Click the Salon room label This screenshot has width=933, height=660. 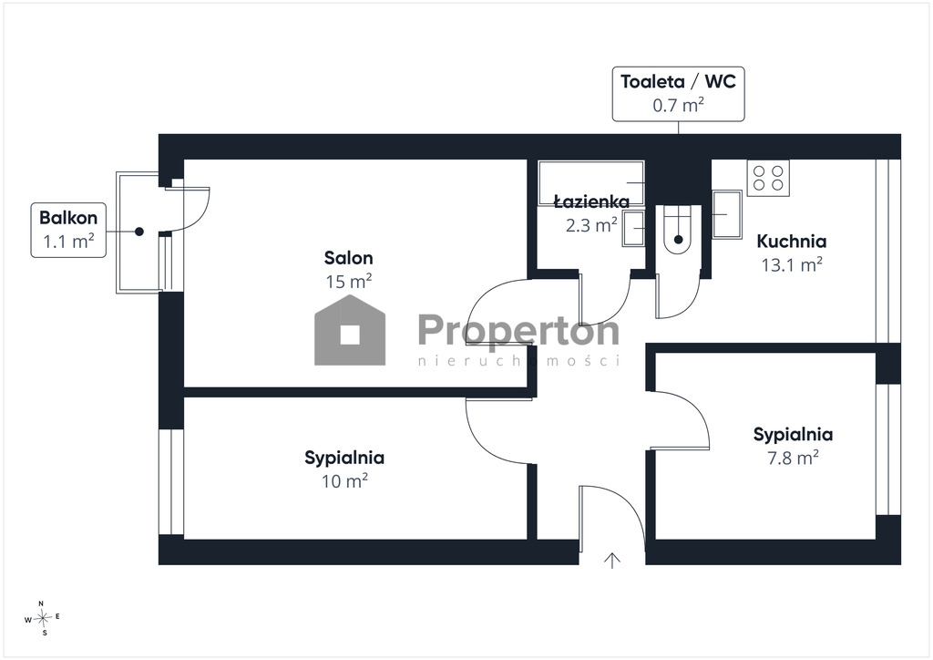349,258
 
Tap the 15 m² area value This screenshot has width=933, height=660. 349,281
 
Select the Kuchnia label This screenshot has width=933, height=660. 792,241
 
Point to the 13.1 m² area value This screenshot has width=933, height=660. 792,264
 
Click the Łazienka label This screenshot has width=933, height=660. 591,201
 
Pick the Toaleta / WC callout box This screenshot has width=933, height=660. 678,94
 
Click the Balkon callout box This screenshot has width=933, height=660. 68,230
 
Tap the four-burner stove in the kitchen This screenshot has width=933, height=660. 768,178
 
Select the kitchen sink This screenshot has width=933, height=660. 726,214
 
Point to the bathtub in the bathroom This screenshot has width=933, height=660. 590,182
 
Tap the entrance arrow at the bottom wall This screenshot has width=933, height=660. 612,560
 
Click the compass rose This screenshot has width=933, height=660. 43,618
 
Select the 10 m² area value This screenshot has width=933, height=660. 344,480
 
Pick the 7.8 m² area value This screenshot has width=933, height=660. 793,457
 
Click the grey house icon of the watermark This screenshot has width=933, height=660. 350,330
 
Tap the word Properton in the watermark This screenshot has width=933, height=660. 518,330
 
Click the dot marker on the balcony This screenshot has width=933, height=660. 139,232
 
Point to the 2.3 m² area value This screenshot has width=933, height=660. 590,225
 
